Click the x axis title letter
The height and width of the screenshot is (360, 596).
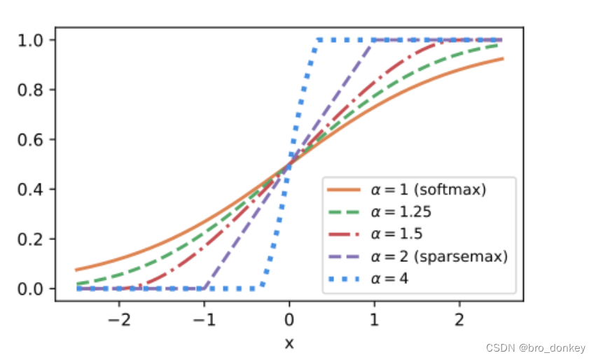click(289, 342)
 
